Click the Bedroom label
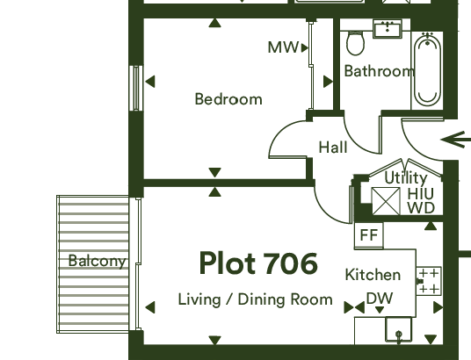pos(228,99)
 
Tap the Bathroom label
pos(379,71)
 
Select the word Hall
pos(333,148)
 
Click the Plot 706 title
pos(258,263)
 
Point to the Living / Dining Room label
pos(256,299)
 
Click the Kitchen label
pos(373,275)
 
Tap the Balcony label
pos(97,261)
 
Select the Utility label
pos(406,178)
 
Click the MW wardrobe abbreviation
pos(283,47)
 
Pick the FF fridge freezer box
pos(369,235)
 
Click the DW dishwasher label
pos(380,299)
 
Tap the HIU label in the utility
pos(421,194)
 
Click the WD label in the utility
pos(421,208)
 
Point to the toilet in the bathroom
pos(355,43)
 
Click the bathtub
pos(427,69)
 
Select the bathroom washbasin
pos(388,29)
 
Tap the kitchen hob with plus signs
pos(429,281)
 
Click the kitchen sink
pos(399,330)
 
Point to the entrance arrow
pos(456,140)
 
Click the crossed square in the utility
pos(386,201)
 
